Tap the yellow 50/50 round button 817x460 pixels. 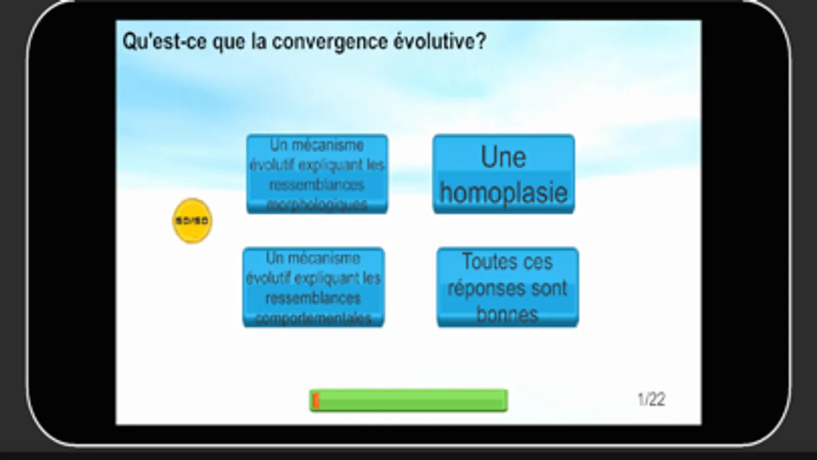click(192, 221)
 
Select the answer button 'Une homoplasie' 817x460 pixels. click(503, 174)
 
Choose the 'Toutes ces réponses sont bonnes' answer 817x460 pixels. click(507, 287)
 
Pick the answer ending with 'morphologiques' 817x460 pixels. click(317, 174)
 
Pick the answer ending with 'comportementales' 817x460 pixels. click(313, 287)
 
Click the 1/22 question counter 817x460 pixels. click(651, 399)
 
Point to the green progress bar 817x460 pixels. click(409, 400)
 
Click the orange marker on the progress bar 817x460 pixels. click(316, 400)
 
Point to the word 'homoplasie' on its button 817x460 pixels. click(503, 193)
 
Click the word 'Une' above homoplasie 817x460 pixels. click(503, 157)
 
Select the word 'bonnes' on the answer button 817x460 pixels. click(507, 314)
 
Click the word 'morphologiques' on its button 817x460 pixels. click(317, 205)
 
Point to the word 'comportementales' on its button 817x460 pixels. click(313, 318)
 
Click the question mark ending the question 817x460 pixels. click(480, 41)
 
